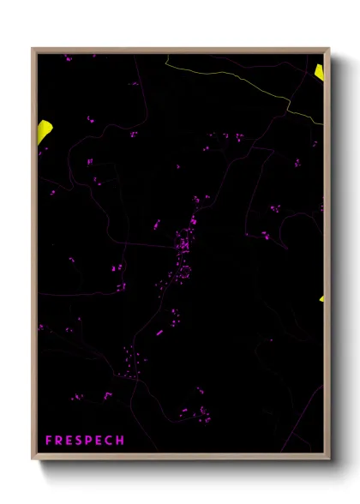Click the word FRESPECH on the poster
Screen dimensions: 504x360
click(85, 441)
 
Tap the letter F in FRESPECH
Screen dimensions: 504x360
click(49, 441)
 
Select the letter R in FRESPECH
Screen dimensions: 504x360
click(59, 441)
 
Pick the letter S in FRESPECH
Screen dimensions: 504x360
click(79, 441)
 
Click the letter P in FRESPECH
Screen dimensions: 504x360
click(89, 441)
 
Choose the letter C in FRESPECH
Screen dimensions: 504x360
click(110, 441)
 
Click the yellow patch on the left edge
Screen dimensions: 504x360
click(45, 132)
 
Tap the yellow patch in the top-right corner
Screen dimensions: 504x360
click(320, 71)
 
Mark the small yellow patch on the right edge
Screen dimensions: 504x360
click(322, 298)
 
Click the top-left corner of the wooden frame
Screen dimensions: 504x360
click(33, 49)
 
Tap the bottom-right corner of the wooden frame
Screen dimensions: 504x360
click(328, 457)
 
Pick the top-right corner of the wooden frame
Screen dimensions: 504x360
click(328, 49)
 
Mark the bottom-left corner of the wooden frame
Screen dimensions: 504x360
click(33, 457)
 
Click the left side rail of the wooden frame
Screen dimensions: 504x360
click(34, 257)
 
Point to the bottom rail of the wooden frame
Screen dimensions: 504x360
click(180, 455)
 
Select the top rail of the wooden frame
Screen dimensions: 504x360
click(180, 51)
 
